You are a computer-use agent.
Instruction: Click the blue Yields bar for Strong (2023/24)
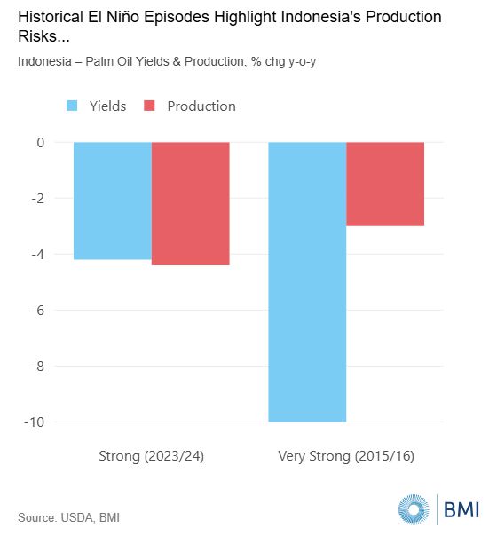pyautogui.click(x=113, y=201)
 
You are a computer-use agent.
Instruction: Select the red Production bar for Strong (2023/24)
pyautogui.click(x=191, y=203)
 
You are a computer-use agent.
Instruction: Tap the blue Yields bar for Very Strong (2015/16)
pyautogui.click(x=307, y=282)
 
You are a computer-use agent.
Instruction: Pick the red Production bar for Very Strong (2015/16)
pyautogui.click(x=385, y=184)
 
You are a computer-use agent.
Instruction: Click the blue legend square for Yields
pyautogui.click(x=72, y=106)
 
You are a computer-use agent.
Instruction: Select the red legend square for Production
pyautogui.click(x=149, y=106)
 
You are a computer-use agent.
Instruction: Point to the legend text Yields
pyautogui.click(x=107, y=106)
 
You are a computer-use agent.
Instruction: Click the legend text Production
pyautogui.click(x=201, y=106)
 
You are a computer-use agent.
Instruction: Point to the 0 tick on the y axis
pyautogui.click(x=41, y=143)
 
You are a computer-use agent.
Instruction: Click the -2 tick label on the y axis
pyautogui.click(x=38, y=199)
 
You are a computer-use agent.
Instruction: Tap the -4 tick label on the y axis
pyautogui.click(x=38, y=255)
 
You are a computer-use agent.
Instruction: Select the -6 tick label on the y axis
pyautogui.click(x=38, y=311)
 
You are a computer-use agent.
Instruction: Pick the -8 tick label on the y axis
pyautogui.click(x=38, y=367)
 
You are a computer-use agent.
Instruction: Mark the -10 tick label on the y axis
pyautogui.click(x=35, y=422)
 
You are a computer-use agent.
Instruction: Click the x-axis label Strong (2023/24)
pyautogui.click(x=152, y=456)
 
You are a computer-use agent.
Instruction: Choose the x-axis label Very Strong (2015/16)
pyautogui.click(x=346, y=456)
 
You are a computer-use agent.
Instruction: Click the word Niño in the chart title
pyautogui.click(x=123, y=17)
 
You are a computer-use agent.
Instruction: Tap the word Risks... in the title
pyautogui.click(x=43, y=36)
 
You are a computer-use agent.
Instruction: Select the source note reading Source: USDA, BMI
pyautogui.click(x=68, y=517)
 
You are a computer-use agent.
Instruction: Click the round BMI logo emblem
pyautogui.click(x=414, y=509)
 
